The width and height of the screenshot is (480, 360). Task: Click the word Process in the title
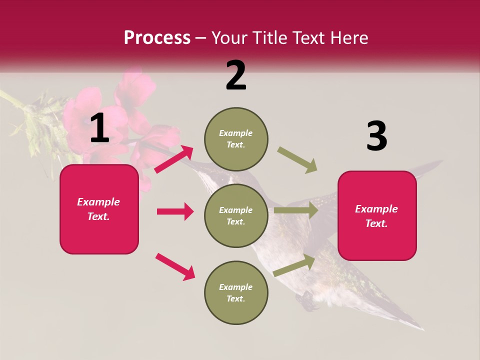157,38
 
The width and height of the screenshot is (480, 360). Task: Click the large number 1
99,128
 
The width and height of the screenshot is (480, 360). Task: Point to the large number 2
236,75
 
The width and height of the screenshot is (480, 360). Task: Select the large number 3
377,136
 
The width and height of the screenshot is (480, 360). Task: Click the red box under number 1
99,209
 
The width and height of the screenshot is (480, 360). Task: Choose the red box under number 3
377,216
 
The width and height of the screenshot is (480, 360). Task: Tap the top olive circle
236,139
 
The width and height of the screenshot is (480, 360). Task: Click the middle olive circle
236,216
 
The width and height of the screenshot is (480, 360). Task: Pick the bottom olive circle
236,293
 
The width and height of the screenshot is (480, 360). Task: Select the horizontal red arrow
175,211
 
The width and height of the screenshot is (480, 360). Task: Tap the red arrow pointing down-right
175,266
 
